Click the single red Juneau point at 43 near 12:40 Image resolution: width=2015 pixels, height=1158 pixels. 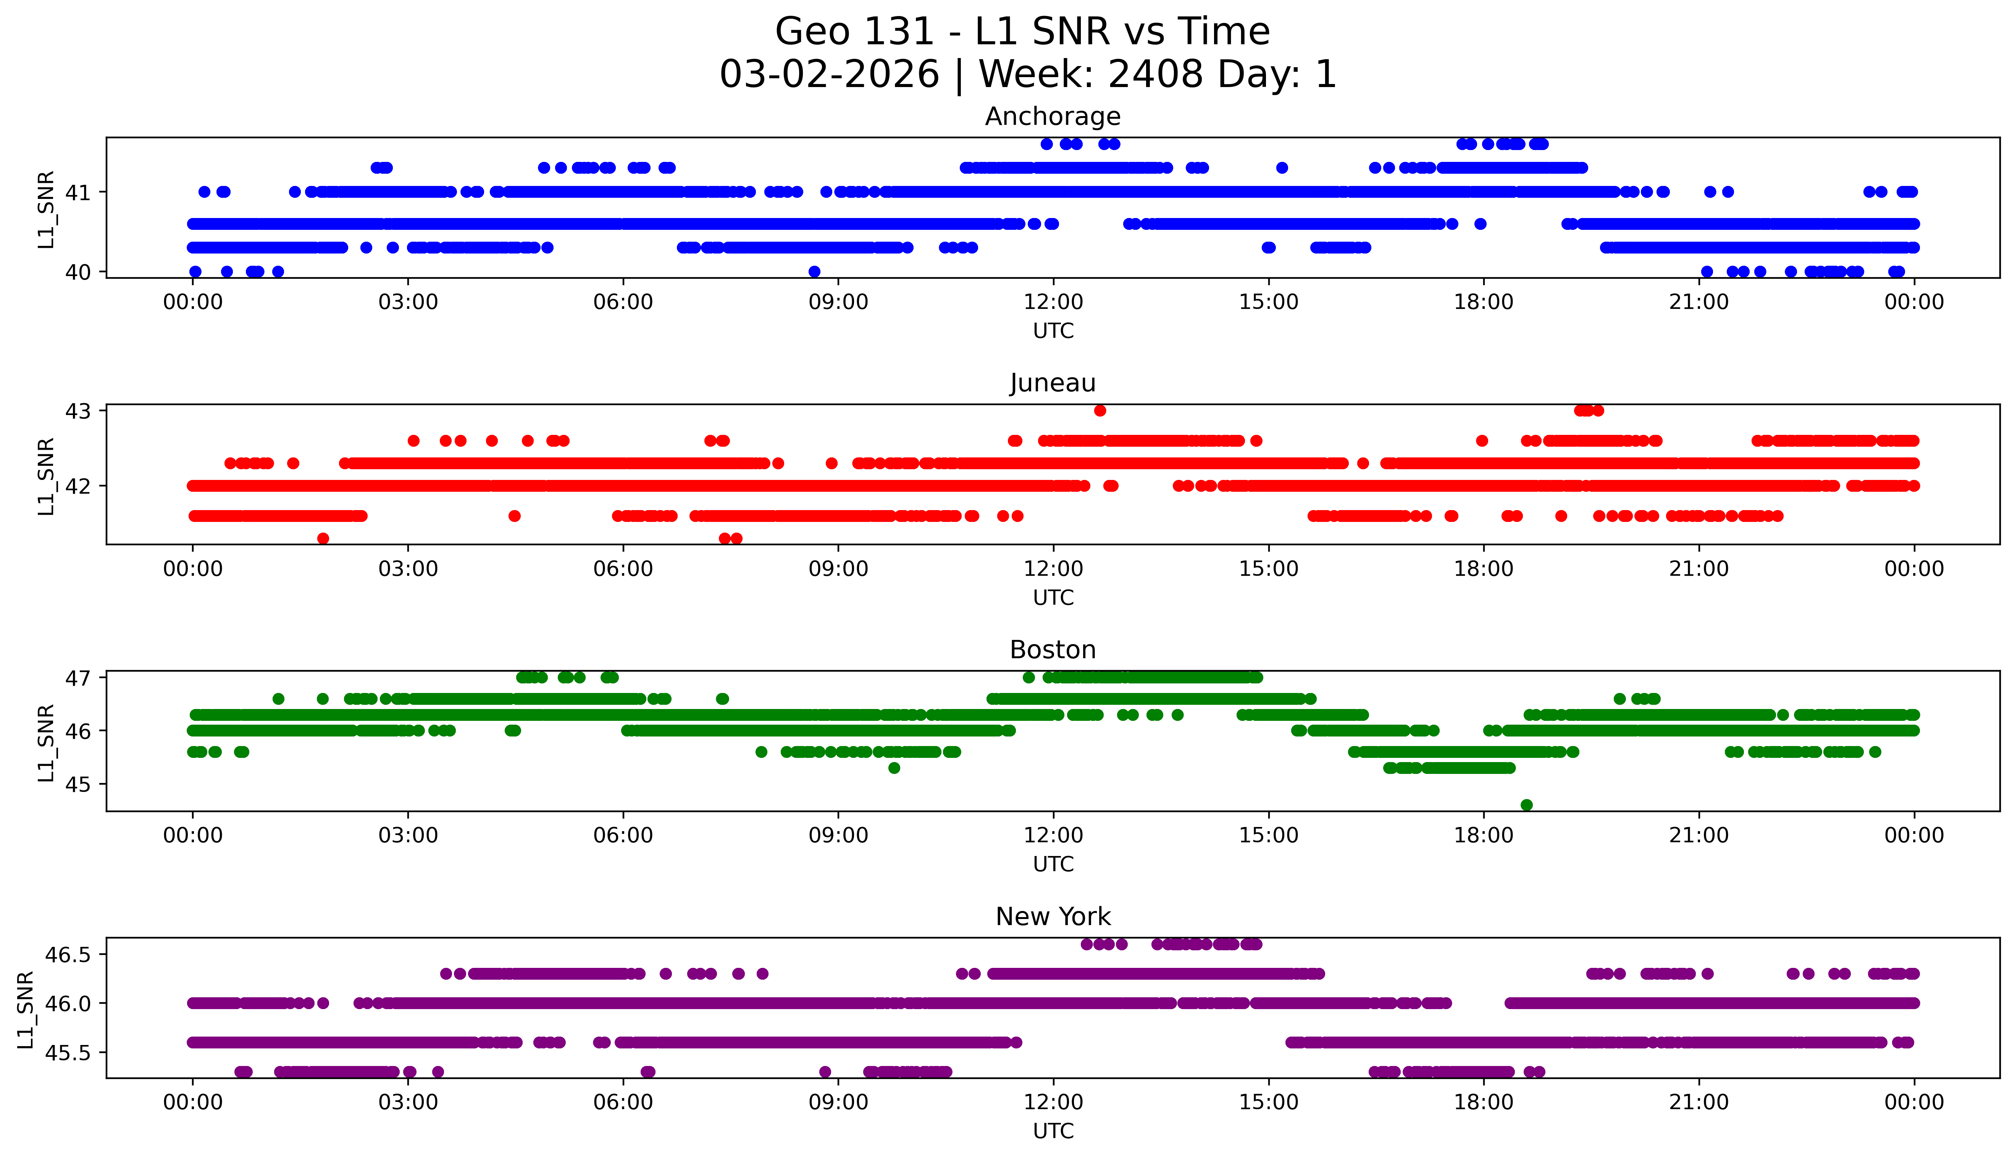pyautogui.click(x=1100, y=410)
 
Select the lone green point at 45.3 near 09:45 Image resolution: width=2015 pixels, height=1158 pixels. pyautogui.click(x=894, y=767)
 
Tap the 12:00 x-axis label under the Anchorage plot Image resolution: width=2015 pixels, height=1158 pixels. pyautogui.click(x=1053, y=302)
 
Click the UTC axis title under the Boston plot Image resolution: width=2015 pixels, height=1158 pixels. pyautogui.click(x=1053, y=864)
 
